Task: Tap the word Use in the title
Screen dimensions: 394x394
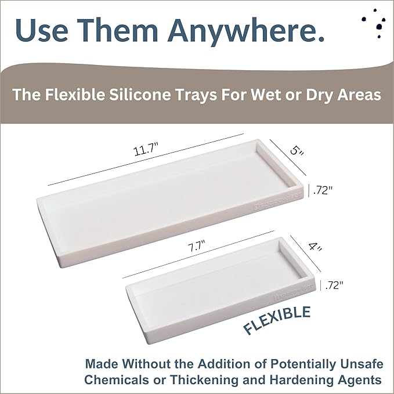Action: [44, 30]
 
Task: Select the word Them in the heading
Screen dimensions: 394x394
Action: [118, 30]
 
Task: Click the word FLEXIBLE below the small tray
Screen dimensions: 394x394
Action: [277, 320]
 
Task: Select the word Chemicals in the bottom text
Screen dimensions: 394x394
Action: [114, 380]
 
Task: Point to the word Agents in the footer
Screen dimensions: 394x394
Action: [360, 380]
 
